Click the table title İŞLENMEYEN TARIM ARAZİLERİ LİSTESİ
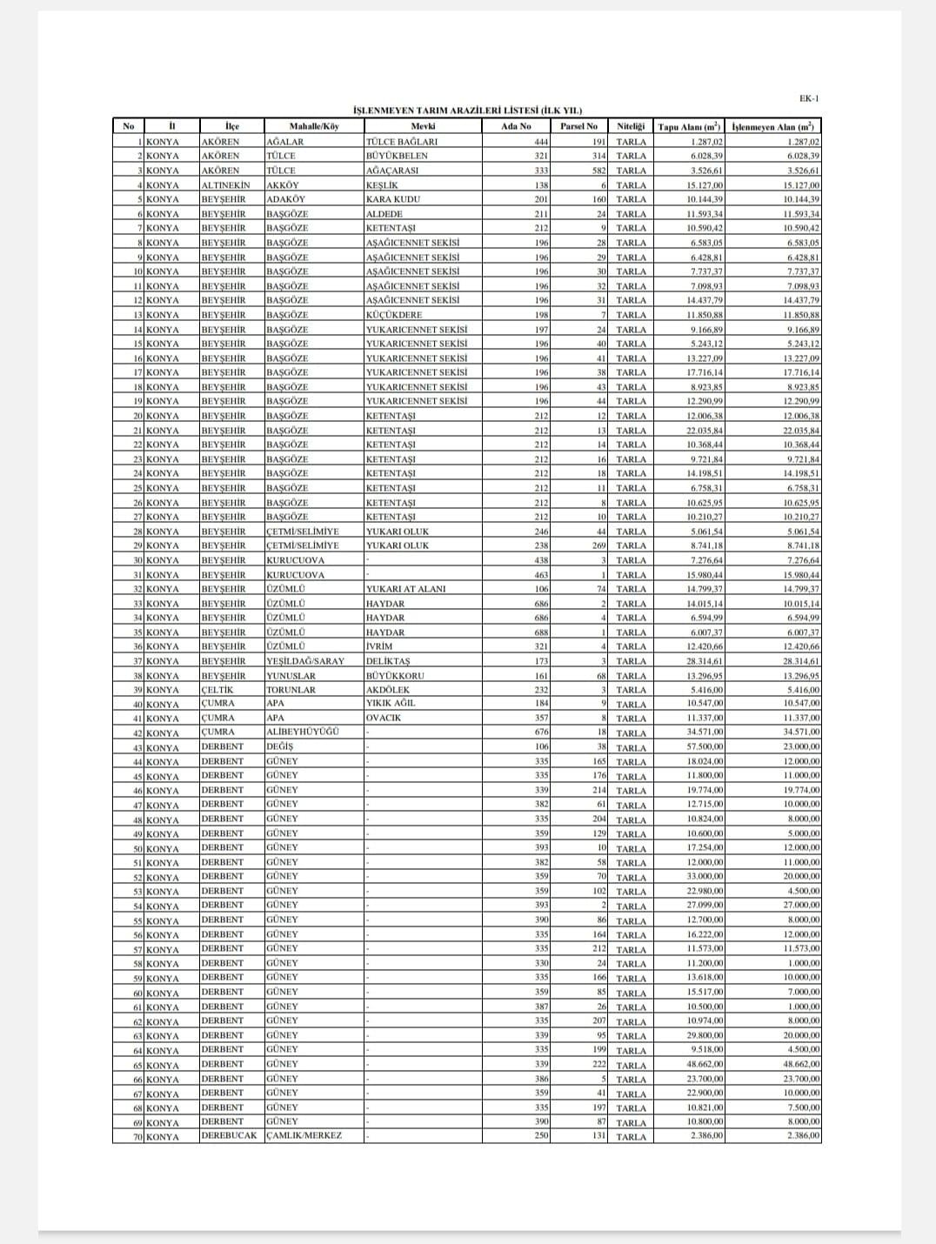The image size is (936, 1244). tap(467, 110)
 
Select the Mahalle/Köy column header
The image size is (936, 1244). tap(314, 126)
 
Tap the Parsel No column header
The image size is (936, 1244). tap(578, 126)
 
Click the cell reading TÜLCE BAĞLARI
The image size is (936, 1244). tap(402, 141)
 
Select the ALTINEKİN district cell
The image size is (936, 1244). tap(225, 184)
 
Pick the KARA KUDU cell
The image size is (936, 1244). tap(393, 199)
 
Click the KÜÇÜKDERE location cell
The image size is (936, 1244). tap(394, 315)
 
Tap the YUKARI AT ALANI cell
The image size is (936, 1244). tap(406, 589)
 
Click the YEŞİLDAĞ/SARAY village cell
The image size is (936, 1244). tap(305, 661)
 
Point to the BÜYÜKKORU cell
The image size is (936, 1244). tap(396, 675)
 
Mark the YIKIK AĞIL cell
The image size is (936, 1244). tap(391, 704)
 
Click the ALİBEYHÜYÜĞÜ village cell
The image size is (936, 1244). tap(303, 732)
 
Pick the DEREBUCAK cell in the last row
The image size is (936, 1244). tap(230, 1136)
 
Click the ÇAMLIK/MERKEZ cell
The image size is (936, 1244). tap(304, 1136)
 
